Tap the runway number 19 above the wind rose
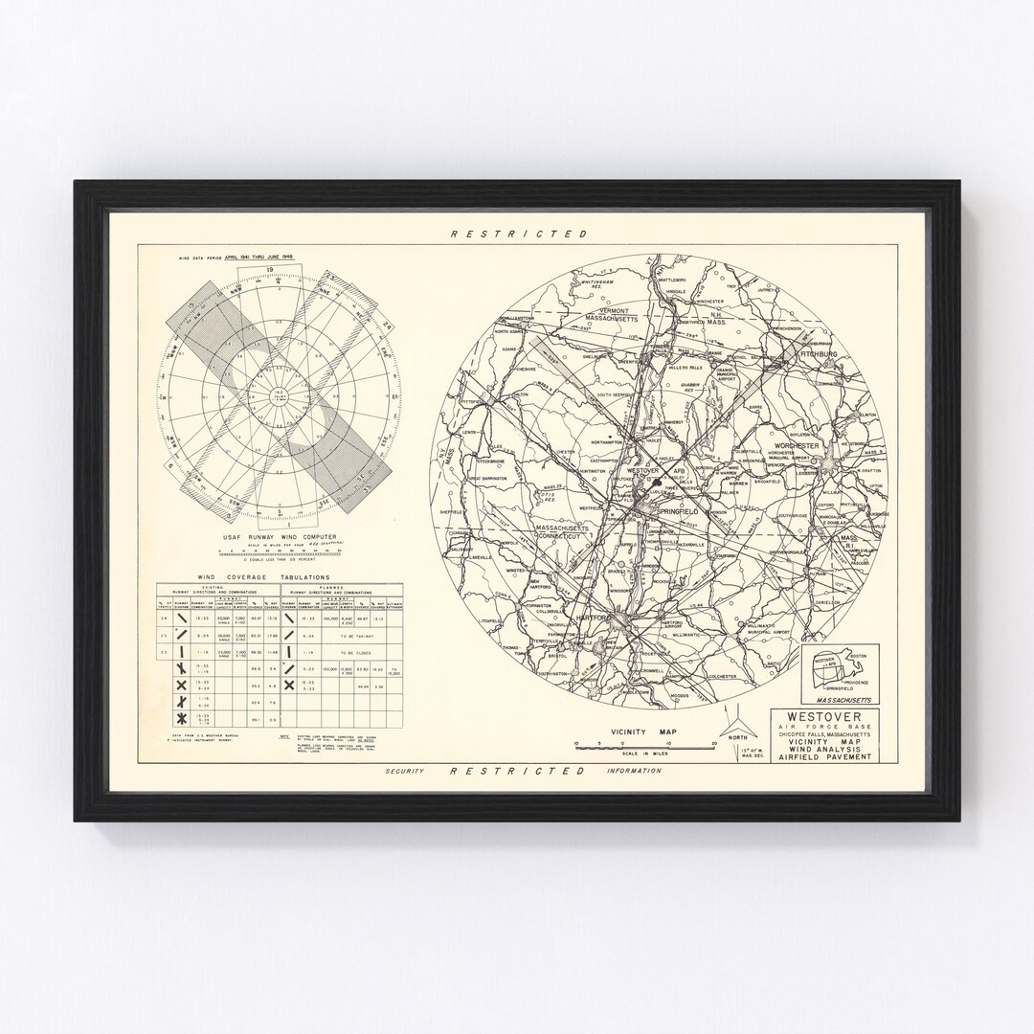[269, 271]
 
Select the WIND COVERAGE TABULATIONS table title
[263, 577]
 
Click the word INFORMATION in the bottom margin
[634, 770]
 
